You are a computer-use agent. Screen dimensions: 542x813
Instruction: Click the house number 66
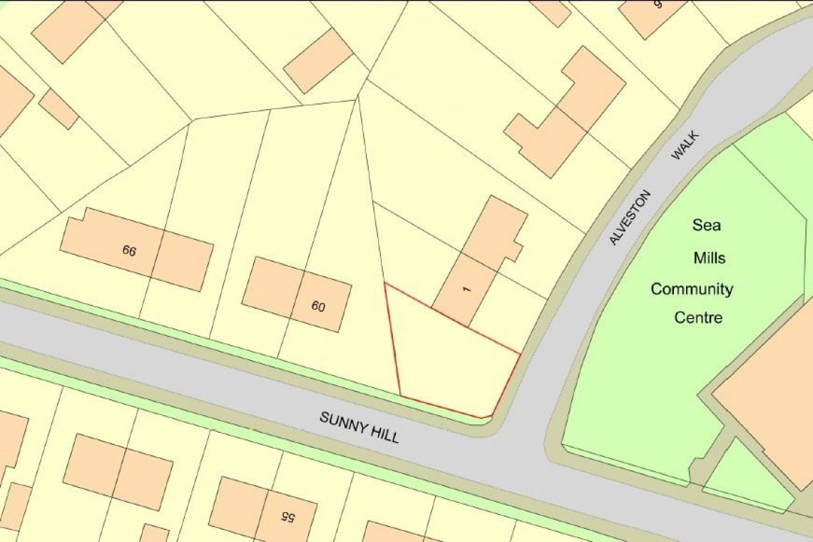click(x=129, y=250)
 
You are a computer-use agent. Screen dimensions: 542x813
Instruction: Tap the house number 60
click(x=318, y=307)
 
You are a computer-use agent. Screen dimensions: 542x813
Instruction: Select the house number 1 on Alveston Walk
click(x=467, y=289)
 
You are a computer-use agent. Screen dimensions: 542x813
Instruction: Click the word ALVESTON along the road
click(x=630, y=218)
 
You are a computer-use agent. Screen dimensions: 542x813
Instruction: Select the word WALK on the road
click(x=685, y=145)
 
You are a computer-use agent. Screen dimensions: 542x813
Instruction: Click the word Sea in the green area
click(x=706, y=225)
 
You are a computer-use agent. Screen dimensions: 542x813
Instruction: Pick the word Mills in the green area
click(x=710, y=257)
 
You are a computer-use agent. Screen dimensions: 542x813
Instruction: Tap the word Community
click(x=692, y=290)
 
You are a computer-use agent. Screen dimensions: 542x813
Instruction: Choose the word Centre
click(x=698, y=317)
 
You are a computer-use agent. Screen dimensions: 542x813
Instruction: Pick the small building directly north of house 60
click(x=318, y=61)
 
